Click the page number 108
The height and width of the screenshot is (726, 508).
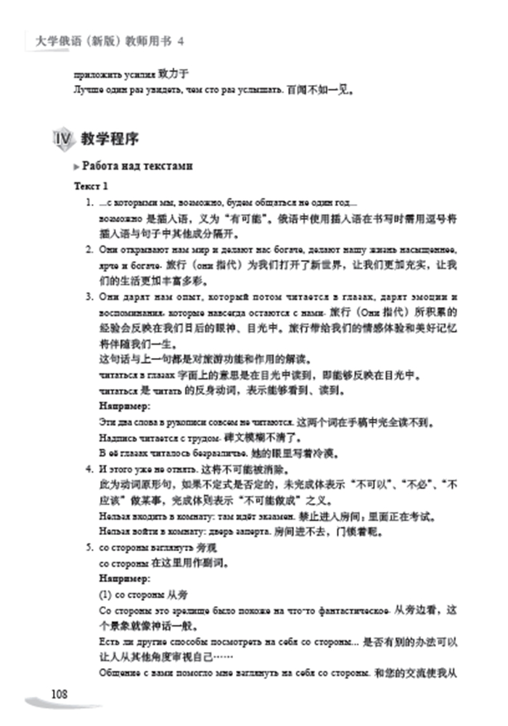pos(60,694)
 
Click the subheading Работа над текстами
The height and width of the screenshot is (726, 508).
pos(137,166)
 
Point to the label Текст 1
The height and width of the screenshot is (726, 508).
pos(90,187)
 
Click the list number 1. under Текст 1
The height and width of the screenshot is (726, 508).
pos(89,203)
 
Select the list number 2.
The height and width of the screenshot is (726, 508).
pos(89,249)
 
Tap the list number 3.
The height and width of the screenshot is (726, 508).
pos(89,296)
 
